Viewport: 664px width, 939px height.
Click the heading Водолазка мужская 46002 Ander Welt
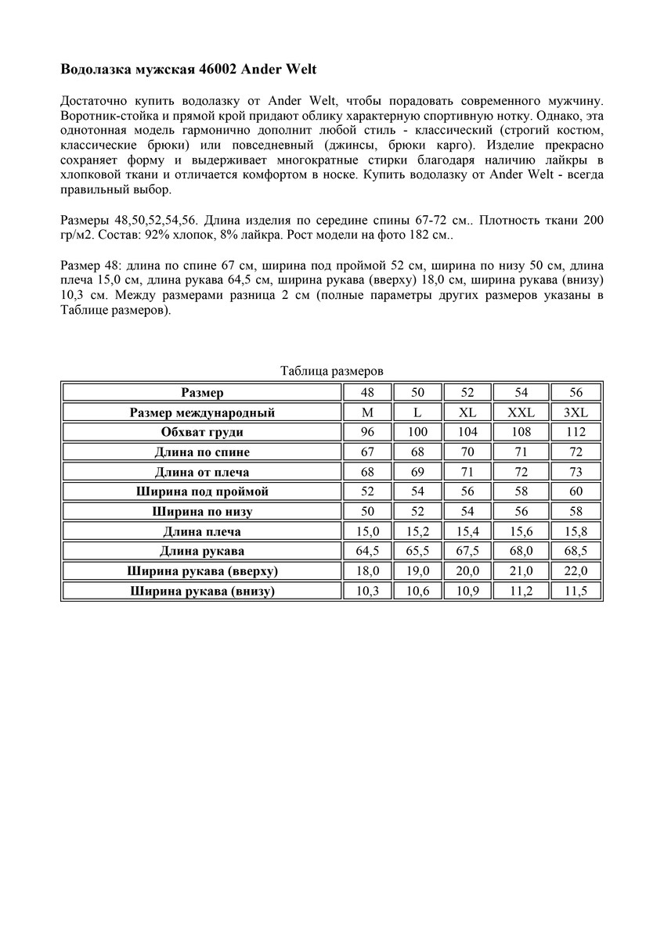189,69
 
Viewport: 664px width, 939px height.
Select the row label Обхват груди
202,432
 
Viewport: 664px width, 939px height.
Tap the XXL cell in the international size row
521,412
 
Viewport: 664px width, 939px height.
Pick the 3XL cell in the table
575,412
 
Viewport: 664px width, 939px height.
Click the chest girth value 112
575,432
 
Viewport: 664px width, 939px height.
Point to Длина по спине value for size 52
467,452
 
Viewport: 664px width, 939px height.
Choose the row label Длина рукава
202,551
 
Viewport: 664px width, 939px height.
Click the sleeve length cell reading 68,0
521,551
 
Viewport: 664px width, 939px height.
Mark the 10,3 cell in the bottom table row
367,591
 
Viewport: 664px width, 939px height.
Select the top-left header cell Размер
202,392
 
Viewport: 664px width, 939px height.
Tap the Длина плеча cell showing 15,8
575,531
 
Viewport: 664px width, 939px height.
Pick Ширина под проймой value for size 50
417,491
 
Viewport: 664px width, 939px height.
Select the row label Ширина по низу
202,512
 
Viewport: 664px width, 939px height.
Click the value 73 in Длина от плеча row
575,472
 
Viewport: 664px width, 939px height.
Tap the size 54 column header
521,392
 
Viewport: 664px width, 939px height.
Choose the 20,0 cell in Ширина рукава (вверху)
467,571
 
